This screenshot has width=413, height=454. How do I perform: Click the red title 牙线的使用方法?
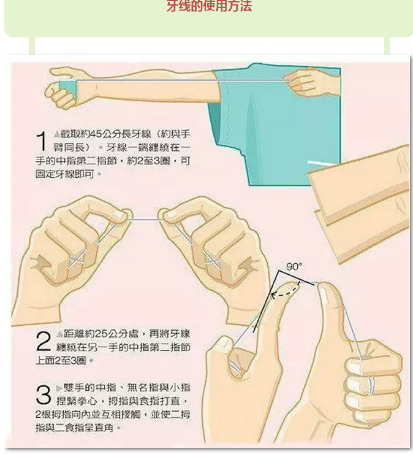[x=209, y=6]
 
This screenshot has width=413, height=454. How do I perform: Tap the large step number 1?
[x=42, y=141]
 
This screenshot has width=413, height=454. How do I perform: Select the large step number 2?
[x=44, y=341]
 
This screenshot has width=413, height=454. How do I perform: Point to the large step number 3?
[x=44, y=394]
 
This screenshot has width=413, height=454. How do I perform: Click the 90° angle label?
[x=294, y=266]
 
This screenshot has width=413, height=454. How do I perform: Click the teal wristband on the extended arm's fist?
[x=68, y=90]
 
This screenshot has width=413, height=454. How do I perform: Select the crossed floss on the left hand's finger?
[x=77, y=260]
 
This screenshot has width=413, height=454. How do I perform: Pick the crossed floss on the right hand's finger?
[x=213, y=261]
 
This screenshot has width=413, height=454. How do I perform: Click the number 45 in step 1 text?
[x=97, y=134]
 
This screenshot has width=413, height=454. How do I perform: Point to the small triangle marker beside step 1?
[x=57, y=134]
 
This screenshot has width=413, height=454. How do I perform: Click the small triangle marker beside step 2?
[x=59, y=334]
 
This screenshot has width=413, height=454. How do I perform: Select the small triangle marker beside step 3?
[x=59, y=388]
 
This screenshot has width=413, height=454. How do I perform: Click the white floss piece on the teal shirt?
[x=320, y=163]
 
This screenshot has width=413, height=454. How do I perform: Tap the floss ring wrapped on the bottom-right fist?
[x=371, y=386]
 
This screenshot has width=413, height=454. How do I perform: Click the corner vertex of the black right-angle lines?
[x=279, y=271]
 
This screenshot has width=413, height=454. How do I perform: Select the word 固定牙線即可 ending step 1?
[x=66, y=174]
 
